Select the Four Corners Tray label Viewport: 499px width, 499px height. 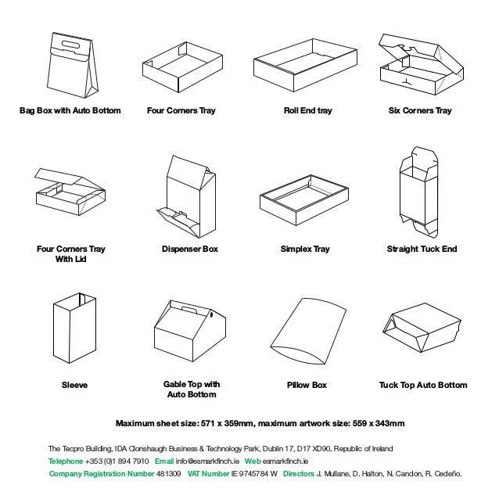[x=181, y=111]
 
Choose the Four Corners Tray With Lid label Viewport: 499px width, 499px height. [x=70, y=254]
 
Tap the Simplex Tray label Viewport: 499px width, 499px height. [x=305, y=249]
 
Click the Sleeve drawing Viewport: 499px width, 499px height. [x=74, y=331]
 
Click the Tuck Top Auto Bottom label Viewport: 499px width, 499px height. [x=422, y=386]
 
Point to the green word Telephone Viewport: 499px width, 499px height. [x=66, y=461]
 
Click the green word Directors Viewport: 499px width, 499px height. [x=298, y=474]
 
